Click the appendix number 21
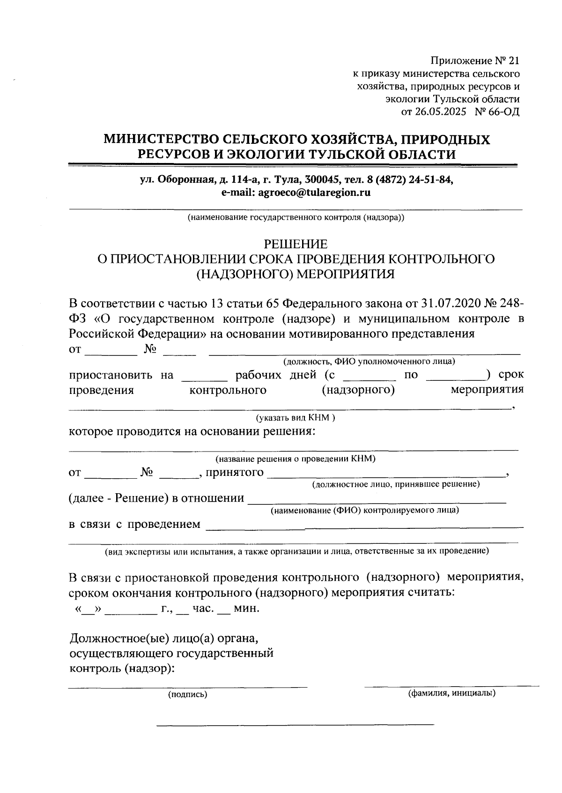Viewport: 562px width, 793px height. click(514, 61)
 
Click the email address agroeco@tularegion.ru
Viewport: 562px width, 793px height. click(315, 193)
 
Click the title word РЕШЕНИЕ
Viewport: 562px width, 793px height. click(296, 244)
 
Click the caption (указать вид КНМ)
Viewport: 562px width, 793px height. click(295, 417)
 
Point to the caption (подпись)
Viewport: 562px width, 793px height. click(187, 695)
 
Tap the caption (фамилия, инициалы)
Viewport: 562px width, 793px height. click(452, 693)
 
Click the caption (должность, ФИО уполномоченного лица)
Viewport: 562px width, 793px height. click(369, 362)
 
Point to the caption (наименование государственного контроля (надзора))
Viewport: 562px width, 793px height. click(296, 218)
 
